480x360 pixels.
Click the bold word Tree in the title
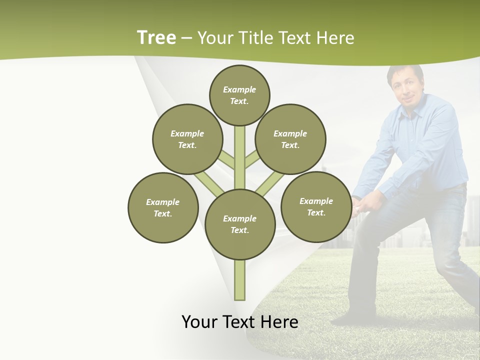click(156, 37)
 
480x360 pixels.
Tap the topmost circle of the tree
click(239, 95)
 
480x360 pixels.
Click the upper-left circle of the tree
click(187, 139)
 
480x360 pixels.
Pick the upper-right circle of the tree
click(290, 139)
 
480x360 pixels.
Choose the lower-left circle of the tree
click(163, 207)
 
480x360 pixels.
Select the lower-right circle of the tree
click(316, 206)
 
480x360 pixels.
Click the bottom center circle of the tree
click(240, 224)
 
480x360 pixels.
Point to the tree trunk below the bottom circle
click(240, 280)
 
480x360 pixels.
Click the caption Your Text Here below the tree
click(240, 322)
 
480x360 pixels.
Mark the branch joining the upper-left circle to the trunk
click(226, 160)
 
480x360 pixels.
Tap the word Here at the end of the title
click(336, 38)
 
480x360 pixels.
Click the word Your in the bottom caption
click(200, 322)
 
